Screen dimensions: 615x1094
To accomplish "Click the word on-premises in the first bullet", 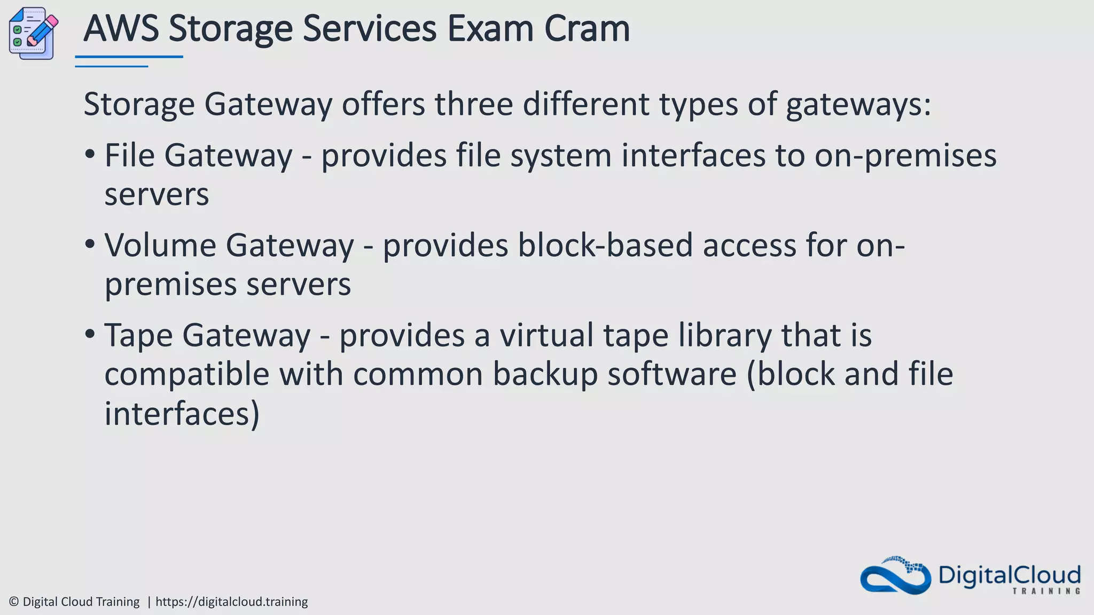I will pyautogui.click(x=905, y=157).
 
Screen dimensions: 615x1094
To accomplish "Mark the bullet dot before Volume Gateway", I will pyautogui.click(x=90, y=245).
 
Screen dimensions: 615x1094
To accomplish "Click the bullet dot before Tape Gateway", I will pyautogui.click(x=90, y=335).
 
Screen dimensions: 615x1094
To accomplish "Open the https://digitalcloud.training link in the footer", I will pyautogui.click(x=231, y=602).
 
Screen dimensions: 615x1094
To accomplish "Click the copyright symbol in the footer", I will pyautogui.click(x=14, y=602).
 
